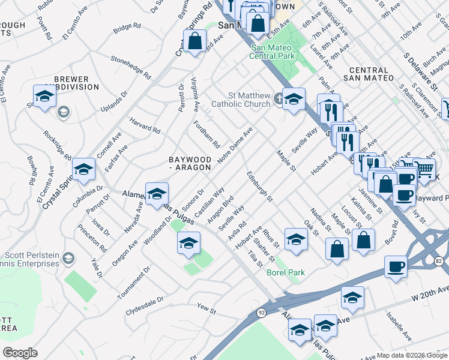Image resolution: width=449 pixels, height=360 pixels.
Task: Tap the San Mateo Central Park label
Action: pos(271,52)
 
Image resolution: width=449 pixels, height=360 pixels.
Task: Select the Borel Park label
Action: pos(286,272)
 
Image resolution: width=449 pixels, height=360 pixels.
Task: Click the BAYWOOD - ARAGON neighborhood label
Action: pos(190,163)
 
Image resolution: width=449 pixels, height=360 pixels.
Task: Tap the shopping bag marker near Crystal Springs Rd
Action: pos(195,42)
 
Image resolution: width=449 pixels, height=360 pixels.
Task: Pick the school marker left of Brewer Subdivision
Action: pos(44,96)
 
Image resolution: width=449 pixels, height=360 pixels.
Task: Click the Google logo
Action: pos(20,353)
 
